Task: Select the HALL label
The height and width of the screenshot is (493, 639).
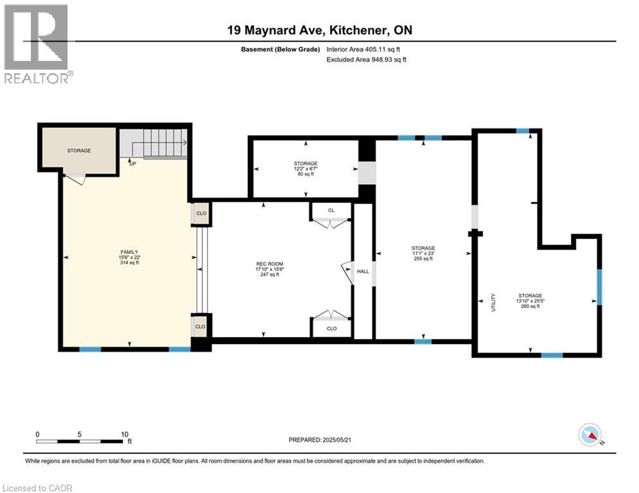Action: [363, 271]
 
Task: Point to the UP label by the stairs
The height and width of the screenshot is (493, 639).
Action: [132, 164]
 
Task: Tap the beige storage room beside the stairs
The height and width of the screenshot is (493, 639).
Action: [79, 150]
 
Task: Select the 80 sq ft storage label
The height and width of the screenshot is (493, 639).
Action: [306, 169]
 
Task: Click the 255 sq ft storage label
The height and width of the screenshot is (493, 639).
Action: [423, 254]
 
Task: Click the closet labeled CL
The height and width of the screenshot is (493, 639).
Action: [331, 210]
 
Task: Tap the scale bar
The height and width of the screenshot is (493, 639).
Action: [80, 441]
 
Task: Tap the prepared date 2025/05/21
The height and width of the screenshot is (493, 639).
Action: [322, 440]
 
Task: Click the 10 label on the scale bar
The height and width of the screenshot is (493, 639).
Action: [125, 434]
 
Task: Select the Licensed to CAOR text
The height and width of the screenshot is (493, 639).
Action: [37, 488]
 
